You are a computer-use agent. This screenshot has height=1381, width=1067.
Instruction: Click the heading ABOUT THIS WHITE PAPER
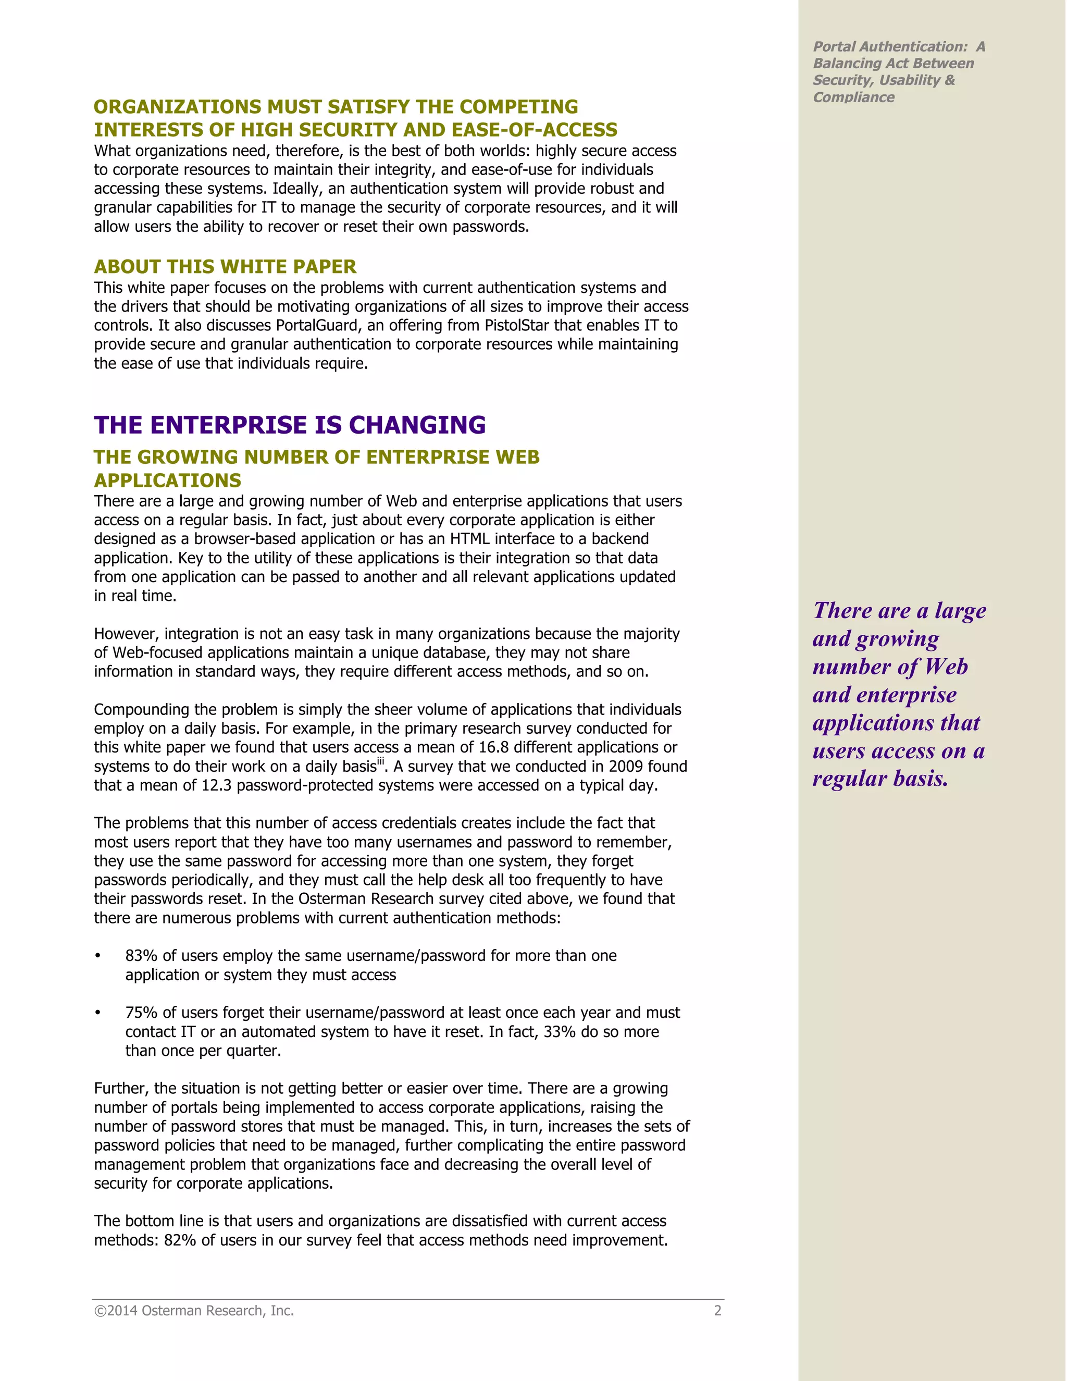225,266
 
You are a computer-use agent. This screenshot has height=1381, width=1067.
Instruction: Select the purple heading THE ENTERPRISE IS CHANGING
290,425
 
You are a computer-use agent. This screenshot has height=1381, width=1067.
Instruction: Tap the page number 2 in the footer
717,1311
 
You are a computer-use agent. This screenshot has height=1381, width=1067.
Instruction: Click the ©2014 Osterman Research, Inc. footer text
194,1311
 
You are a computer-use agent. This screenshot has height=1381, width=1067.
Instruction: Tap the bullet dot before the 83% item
98,955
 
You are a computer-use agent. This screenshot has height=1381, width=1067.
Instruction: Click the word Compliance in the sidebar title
853,97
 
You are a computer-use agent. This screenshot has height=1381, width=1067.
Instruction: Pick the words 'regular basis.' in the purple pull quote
880,779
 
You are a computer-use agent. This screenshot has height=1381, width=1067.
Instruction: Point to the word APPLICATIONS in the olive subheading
168,480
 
